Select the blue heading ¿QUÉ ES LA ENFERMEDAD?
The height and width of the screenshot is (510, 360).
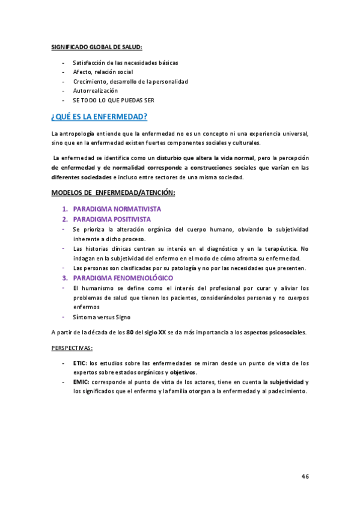(100, 117)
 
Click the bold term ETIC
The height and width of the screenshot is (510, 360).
(79, 363)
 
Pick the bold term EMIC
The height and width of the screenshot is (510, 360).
(80, 382)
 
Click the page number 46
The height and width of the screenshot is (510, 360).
(305, 476)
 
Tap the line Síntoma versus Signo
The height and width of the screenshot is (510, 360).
(101, 316)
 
